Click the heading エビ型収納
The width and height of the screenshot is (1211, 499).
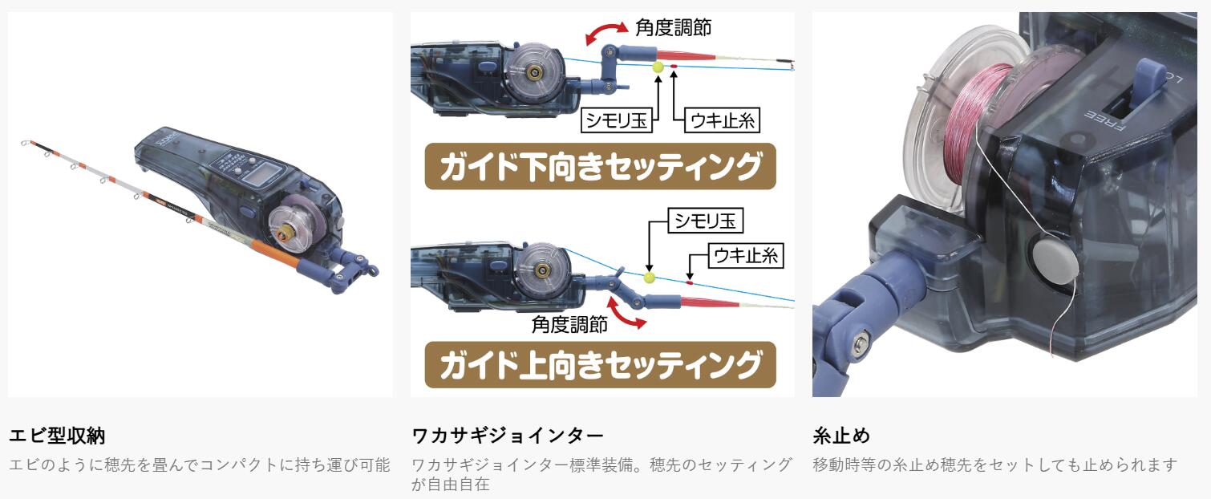pyautogui.click(x=57, y=436)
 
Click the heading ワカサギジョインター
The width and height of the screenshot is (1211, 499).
pyautogui.click(x=507, y=436)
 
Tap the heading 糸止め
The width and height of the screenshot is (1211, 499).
pyautogui.click(x=841, y=436)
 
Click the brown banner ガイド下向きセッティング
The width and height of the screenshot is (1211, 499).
pyautogui.click(x=600, y=167)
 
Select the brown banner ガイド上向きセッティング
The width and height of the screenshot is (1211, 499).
pyautogui.click(x=600, y=365)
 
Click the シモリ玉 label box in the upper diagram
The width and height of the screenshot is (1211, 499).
pyautogui.click(x=617, y=120)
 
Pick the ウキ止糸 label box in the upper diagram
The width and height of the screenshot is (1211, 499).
pyautogui.click(x=723, y=120)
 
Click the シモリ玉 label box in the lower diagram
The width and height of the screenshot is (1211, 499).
pyautogui.click(x=706, y=221)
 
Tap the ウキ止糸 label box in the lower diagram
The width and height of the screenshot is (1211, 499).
pyautogui.click(x=746, y=255)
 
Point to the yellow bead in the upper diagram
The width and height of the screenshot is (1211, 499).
pyautogui.click(x=658, y=67)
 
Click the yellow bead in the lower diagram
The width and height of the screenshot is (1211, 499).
pyautogui.click(x=650, y=278)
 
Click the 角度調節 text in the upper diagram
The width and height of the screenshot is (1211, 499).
pyautogui.click(x=673, y=27)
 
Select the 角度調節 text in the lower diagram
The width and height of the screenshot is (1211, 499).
pyautogui.click(x=569, y=324)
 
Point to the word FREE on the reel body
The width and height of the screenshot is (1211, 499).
pyautogui.click(x=1106, y=121)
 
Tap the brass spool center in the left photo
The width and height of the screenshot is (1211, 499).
pyautogui.click(x=281, y=234)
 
